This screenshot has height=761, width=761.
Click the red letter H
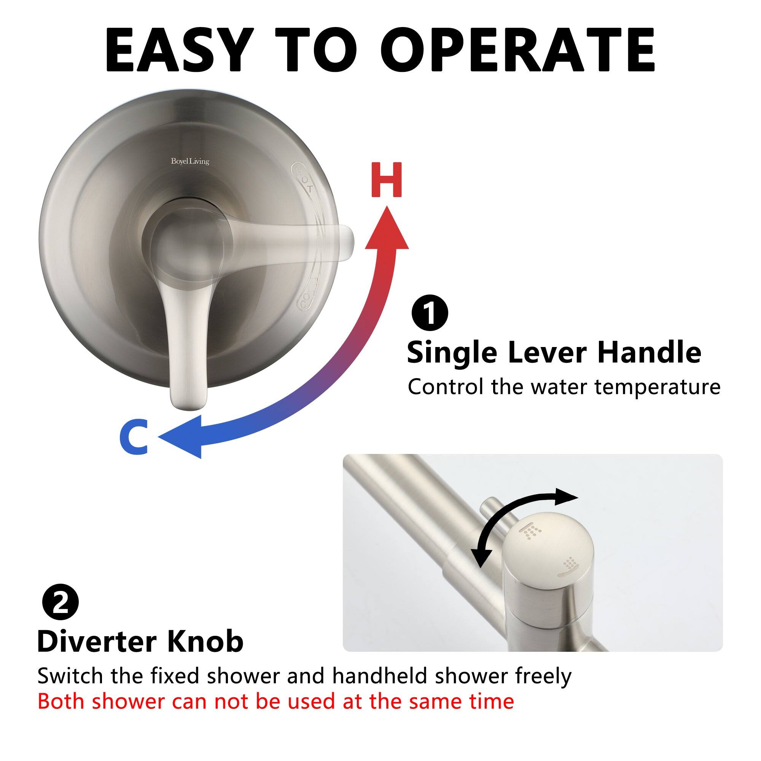pos(387,180)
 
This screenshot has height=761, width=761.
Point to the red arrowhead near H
pos(387,231)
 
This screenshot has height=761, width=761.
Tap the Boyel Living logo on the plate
pos(190,161)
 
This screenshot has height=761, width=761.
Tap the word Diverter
pos(97,642)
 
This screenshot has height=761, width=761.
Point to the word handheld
pos(379,676)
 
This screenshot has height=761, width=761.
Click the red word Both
pos(61,701)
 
